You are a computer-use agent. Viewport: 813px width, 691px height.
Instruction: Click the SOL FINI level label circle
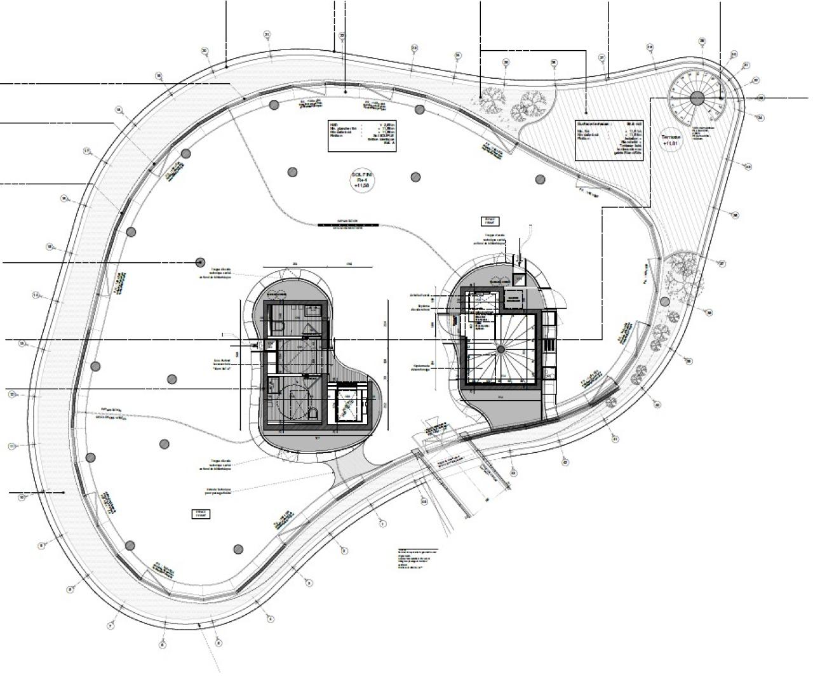pyautogui.click(x=362, y=180)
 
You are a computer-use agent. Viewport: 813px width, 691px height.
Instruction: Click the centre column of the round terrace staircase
pyautogui.click(x=697, y=98)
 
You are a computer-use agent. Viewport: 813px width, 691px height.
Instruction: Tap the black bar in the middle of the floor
pyautogui.click(x=349, y=224)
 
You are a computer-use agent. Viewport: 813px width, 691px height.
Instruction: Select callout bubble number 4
pyautogui.click(x=270, y=618)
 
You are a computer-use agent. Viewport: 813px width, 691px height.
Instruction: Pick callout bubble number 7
pyautogui.click(x=111, y=626)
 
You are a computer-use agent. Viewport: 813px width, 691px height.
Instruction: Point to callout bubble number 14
pyautogui.click(x=36, y=295)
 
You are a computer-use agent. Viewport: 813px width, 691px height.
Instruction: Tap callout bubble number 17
pyautogui.click(x=87, y=151)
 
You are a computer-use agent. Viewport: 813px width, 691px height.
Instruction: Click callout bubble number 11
pyautogui.click(x=11, y=446)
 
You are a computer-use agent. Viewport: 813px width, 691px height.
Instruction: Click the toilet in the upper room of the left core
pyautogui.click(x=277, y=326)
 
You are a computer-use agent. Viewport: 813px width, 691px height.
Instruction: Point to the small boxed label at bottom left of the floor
pyautogui.click(x=201, y=514)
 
